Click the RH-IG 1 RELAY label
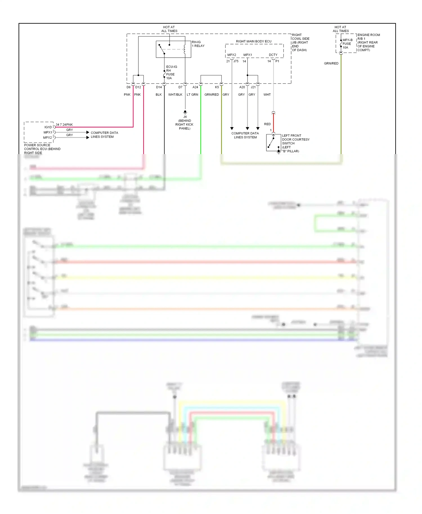click(x=198, y=44)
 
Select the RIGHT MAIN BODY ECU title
click(x=253, y=41)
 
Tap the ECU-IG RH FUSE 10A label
click(x=171, y=73)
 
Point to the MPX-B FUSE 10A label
click(x=347, y=44)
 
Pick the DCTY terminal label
click(x=273, y=55)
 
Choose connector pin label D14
click(x=159, y=87)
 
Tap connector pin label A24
click(x=195, y=87)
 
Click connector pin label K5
click(x=217, y=87)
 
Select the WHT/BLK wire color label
click(x=175, y=95)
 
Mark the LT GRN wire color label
click(x=192, y=95)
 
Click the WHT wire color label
click(x=267, y=95)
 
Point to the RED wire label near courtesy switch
click(x=267, y=124)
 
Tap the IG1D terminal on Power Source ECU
click(x=48, y=127)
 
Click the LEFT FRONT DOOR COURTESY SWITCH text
click(x=295, y=143)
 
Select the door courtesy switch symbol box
click(x=273, y=143)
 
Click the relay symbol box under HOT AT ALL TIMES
click(x=173, y=49)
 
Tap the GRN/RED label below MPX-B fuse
click(x=331, y=64)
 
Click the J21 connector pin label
click(x=253, y=87)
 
